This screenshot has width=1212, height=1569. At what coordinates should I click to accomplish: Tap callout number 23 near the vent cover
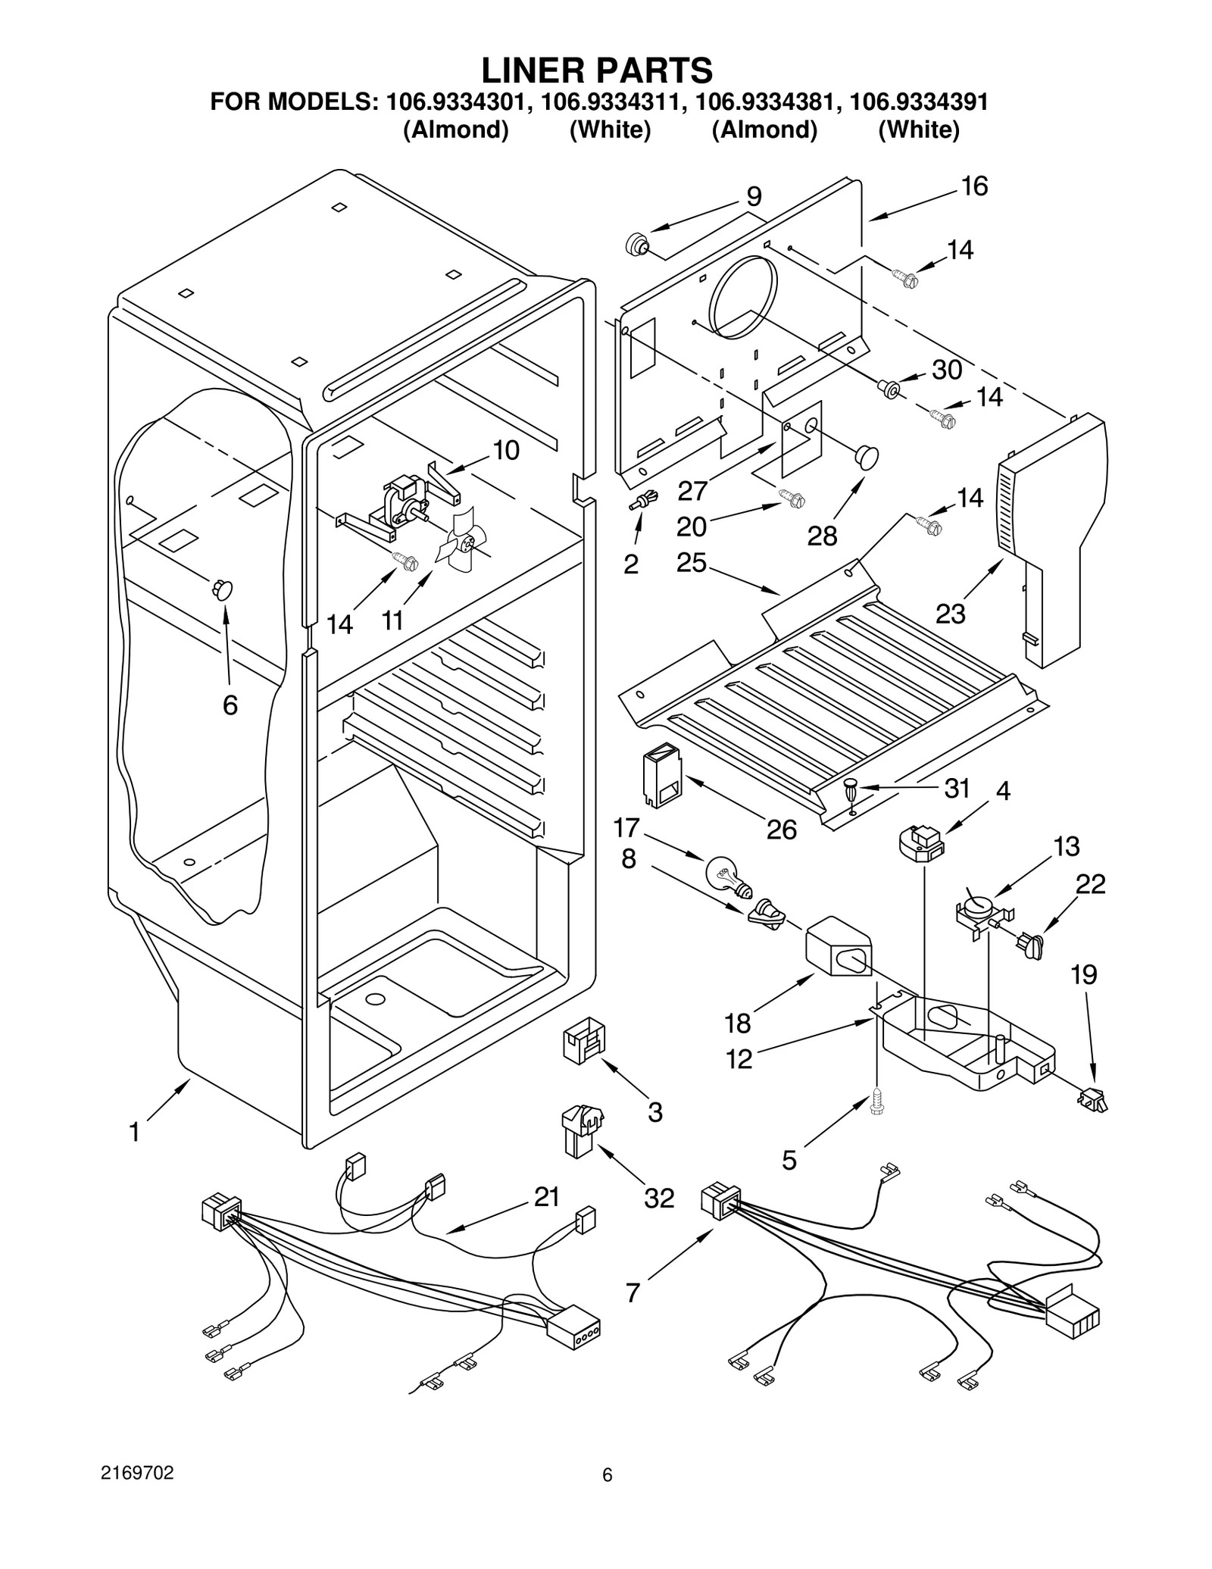950,613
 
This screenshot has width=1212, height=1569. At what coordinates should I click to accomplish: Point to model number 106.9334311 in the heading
610,102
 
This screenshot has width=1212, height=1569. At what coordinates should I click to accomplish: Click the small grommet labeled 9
637,245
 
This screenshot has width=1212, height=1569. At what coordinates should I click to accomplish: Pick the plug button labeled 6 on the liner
222,589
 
